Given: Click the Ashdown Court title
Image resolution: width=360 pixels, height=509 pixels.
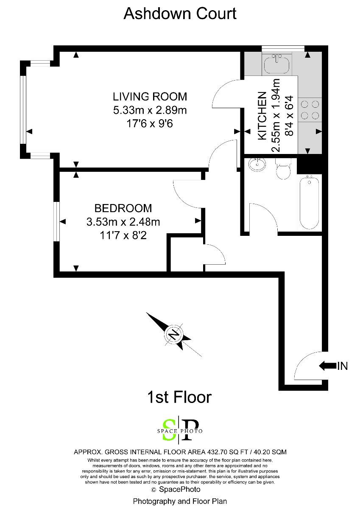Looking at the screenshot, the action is pyautogui.click(x=180, y=14).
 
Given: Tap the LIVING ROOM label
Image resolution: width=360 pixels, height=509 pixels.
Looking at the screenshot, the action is pyautogui.click(x=150, y=97).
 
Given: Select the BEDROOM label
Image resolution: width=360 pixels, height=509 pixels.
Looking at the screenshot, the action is pyautogui.click(x=123, y=208).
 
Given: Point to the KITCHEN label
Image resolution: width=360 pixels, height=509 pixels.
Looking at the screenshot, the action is pyautogui.click(x=262, y=116).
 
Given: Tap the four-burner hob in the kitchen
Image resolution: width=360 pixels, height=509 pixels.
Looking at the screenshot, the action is pyautogui.click(x=310, y=110).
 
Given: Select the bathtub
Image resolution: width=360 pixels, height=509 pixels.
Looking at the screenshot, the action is pyautogui.click(x=309, y=203).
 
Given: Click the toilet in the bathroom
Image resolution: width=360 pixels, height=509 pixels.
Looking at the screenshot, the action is pyautogui.click(x=283, y=169).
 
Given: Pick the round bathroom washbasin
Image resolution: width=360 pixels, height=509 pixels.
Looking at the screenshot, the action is pyautogui.click(x=257, y=165).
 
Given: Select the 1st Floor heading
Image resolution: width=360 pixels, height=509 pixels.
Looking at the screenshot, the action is pyautogui.click(x=179, y=397).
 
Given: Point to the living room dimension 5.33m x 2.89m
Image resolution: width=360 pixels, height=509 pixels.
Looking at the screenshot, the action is pyautogui.click(x=150, y=110).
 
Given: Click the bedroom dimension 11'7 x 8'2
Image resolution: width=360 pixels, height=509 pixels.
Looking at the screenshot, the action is pyautogui.click(x=123, y=236).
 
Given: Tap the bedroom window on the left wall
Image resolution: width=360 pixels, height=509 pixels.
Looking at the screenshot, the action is pyautogui.click(x=56, y=221).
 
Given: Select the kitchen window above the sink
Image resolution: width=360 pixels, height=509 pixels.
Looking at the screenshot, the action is pyautogui.click(x=283, y=49).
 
